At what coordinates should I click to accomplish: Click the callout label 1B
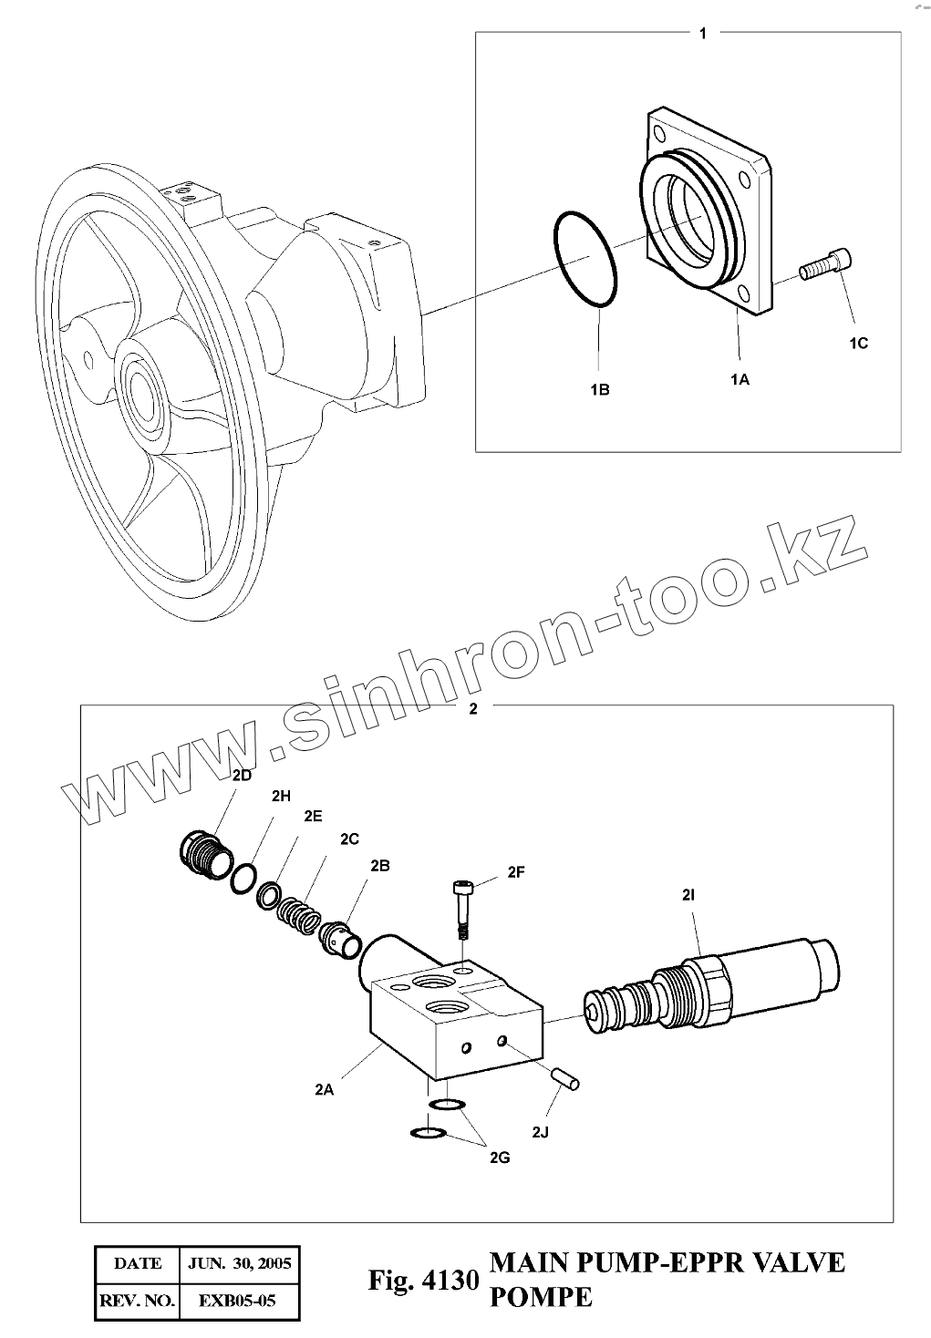[599, 390]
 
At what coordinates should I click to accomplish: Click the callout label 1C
[858, 344]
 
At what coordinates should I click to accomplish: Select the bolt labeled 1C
[826, 265]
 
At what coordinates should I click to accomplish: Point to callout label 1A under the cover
[740, 379]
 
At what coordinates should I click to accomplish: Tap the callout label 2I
[688, 897]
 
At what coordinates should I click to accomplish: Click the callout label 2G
[499, 1158]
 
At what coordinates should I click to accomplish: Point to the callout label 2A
[325, 1088]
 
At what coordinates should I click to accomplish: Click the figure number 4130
[450, 1281]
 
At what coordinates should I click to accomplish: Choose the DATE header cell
[138, 1263]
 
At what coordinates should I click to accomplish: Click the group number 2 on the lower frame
[472, 710]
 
